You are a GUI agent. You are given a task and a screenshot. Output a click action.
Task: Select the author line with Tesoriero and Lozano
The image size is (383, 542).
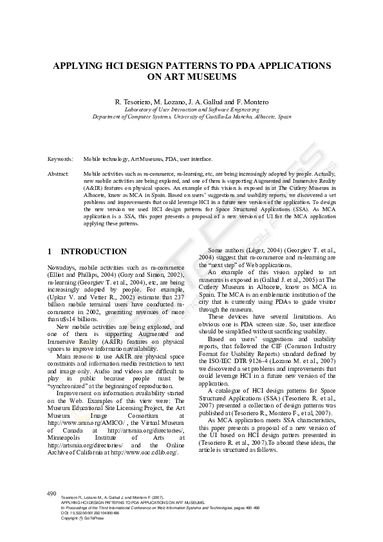tap(191, 102)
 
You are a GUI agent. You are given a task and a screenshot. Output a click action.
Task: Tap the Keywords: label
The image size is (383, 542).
tap(60, 158)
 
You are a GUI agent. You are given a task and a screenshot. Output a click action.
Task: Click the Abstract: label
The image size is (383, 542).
tap(58, 174)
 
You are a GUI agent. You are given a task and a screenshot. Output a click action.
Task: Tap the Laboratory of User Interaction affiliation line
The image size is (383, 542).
tap(191, 109)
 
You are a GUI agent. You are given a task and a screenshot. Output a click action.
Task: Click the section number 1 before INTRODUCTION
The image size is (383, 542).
tap(50, 252)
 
